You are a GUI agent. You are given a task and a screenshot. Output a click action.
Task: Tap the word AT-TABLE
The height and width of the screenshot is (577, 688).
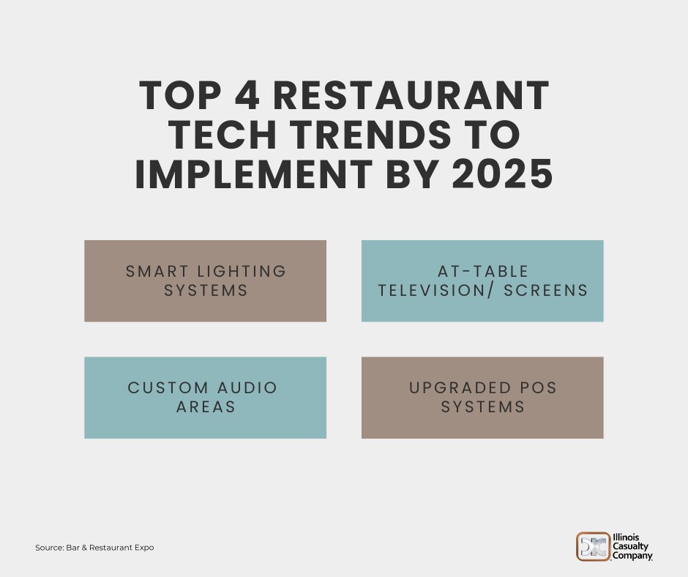[483, 272]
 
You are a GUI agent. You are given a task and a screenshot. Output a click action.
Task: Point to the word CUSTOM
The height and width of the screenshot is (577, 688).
[168, 388]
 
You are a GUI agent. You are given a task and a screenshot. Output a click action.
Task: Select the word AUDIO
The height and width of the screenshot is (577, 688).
[247, 388]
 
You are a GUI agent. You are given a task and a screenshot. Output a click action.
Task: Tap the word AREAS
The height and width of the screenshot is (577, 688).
[206, 407]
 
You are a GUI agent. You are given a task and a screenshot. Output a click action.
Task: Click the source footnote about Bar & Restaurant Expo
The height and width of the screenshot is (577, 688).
[94, 548]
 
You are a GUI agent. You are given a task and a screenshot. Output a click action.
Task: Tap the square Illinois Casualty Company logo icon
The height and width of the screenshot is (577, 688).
[594, 546]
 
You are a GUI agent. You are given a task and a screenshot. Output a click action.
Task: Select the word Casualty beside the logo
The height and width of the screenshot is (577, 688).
[632, 546]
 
